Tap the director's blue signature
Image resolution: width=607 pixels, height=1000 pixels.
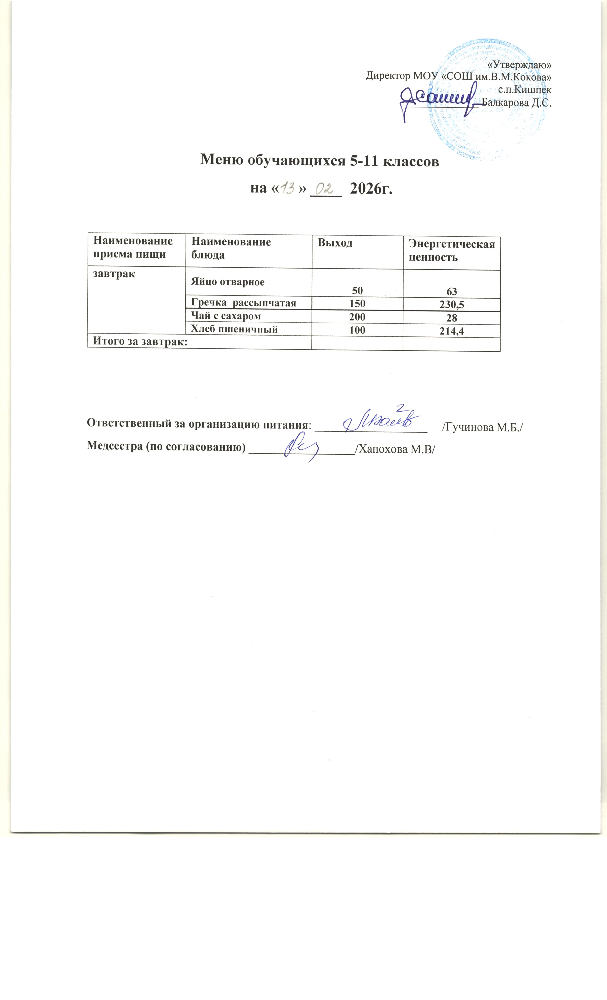438,100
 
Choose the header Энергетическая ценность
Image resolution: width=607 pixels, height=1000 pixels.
452,250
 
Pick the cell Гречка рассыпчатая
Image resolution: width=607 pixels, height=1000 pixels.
244,303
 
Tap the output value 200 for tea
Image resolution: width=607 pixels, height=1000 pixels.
357,317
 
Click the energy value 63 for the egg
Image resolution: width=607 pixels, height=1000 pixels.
452,291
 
